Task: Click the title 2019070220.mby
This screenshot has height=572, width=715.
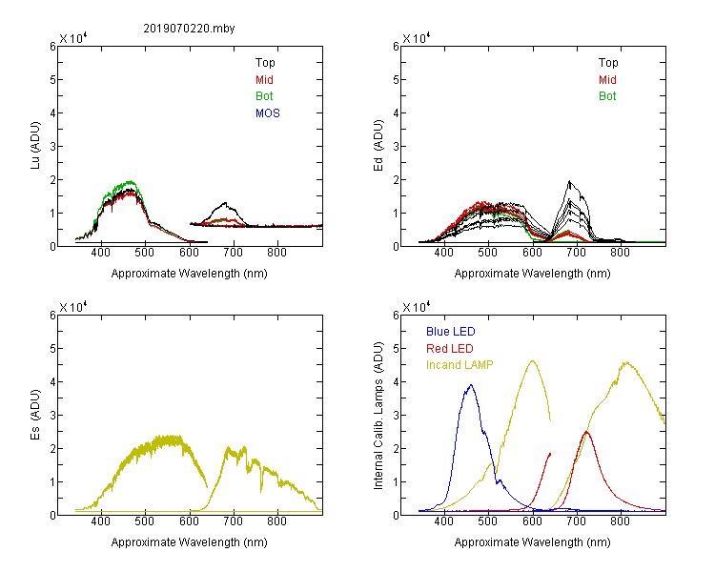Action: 189,29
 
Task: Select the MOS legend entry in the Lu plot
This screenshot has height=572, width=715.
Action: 267,113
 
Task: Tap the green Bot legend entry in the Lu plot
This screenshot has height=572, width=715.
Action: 264,96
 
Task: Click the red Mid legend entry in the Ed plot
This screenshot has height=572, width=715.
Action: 607,80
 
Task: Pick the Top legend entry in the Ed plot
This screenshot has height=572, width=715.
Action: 608,63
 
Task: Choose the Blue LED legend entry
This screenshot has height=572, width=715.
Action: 451,332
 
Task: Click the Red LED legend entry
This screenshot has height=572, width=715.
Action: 450,349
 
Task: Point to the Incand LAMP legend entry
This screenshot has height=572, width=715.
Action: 460,365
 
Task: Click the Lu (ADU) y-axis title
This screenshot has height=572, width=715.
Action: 35,146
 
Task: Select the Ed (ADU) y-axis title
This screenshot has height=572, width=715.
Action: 378,146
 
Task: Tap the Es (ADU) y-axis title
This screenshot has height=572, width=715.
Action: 35,414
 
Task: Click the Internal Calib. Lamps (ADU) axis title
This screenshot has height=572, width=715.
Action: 378,416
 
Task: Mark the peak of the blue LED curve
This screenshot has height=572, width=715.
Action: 471,385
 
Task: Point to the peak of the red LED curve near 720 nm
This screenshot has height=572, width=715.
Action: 586,432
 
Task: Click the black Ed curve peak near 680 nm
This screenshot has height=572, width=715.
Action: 569,181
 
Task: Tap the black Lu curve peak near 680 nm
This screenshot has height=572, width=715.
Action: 225,203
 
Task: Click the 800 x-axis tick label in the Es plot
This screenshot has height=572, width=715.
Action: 276,521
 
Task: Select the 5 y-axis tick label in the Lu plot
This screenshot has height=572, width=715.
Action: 52,80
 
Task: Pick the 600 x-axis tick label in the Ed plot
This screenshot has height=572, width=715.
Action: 532,253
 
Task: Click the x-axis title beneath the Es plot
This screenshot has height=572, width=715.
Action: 190,542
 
